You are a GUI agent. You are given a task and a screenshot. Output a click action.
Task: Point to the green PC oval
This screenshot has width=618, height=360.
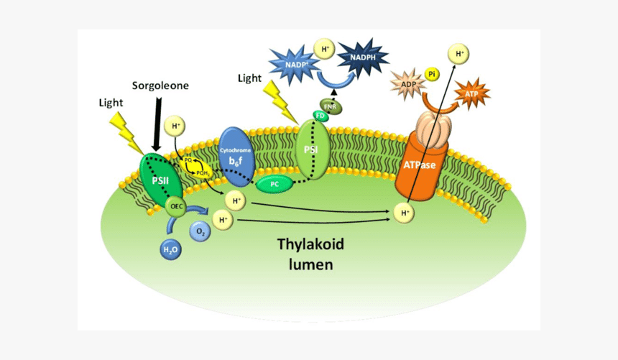coord(274,184)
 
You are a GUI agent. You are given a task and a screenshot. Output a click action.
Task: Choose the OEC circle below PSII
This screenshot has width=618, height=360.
coord(176,208)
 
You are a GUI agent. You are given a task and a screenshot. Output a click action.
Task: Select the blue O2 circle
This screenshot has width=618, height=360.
coord(200,231)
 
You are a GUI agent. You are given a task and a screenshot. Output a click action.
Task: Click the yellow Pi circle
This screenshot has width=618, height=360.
coord(432,73)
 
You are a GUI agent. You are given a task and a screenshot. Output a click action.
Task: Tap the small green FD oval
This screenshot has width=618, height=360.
coord(320,116)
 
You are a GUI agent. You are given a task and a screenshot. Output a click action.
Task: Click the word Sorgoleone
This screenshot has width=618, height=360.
coord(160,86)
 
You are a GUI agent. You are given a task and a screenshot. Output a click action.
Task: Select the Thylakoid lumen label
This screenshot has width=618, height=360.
coord(310,254)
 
